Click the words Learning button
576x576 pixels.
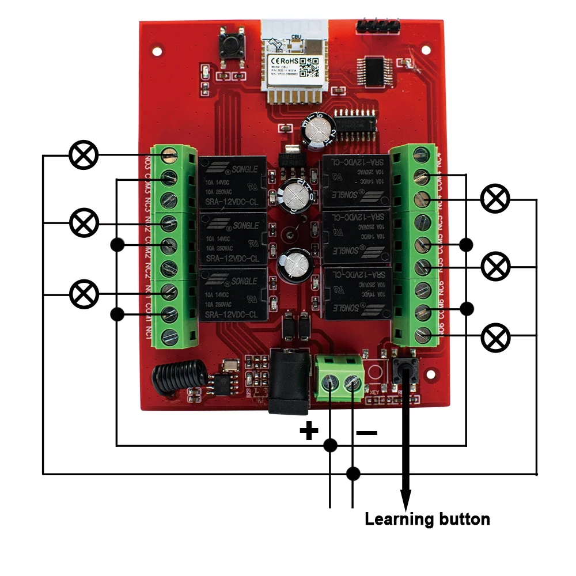(427, 519)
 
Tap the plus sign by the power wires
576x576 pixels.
(309, 430)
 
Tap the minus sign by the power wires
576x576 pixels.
(366, 432)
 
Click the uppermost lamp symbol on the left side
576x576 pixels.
(84, 155)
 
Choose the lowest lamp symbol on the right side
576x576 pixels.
(495, 338)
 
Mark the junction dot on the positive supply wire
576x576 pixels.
(330, 445)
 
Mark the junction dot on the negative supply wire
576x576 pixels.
(353, 473)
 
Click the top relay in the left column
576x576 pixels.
(233, 183)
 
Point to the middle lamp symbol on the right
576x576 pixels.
(495, 267)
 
